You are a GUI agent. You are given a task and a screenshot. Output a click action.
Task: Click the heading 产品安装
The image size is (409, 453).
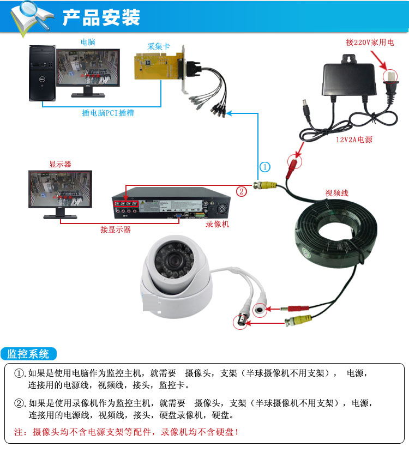101,17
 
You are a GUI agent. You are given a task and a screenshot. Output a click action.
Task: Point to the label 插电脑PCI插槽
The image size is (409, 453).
108,113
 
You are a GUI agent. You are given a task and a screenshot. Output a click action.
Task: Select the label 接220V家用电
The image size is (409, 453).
369,41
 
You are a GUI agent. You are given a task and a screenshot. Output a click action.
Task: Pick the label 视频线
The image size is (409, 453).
336,192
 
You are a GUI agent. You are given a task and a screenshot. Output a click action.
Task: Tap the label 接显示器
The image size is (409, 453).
115,229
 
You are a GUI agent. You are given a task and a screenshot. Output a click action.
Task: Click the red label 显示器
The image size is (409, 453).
60,164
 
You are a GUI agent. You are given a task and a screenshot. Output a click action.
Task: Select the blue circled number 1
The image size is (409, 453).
264,167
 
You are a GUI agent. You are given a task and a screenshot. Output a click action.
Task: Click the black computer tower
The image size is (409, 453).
43,74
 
